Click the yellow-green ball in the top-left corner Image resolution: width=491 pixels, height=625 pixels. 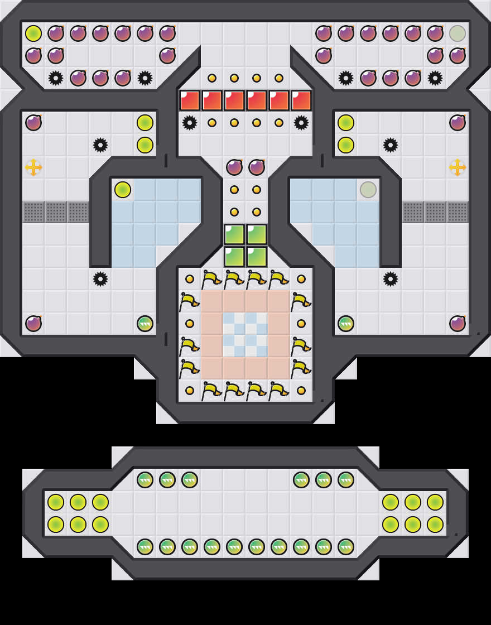coord(33,33)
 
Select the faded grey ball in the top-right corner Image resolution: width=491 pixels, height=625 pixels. coord(458,33)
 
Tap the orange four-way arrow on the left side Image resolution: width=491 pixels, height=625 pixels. coord(33,167)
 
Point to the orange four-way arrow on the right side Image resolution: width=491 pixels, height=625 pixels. coord(458,167)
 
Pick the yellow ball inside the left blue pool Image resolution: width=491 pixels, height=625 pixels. coord(123,190)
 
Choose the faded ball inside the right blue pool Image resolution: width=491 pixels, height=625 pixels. coord(368,190)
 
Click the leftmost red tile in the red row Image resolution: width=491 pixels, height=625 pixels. coord(190,100)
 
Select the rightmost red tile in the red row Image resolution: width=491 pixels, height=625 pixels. coord(301,100)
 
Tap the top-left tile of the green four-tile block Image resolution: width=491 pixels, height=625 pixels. coord(234,234)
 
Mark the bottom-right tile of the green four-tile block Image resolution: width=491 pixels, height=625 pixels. coord(257,257)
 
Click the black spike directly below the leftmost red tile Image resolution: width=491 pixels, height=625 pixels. coord(190,123)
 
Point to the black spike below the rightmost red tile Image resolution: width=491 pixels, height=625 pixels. coord(301,123)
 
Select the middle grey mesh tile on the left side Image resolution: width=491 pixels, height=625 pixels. coord(56,212)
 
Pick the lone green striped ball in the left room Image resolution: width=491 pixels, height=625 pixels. coord(145,324)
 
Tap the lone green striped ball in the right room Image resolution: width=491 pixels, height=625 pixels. coord(346,324)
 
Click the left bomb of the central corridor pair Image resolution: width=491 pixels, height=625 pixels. coord(234,167)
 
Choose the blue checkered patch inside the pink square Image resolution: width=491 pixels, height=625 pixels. coord(245,335)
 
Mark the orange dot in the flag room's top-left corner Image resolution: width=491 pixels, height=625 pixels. coord(190,279)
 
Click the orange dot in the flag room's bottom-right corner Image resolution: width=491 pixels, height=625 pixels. coord(301,391)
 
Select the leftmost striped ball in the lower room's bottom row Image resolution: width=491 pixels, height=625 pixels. coord(145,547)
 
